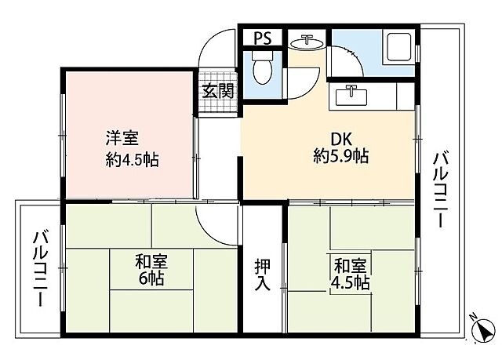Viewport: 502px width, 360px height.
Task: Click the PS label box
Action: click(262, 37)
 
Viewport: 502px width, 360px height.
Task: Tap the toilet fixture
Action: click(264, 68)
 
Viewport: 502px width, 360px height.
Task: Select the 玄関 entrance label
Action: click(217, 89)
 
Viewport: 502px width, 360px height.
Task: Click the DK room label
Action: click(341, 139)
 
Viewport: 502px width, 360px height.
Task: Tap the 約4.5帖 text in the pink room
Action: click(133, 162)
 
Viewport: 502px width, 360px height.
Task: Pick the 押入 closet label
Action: click(263, 275)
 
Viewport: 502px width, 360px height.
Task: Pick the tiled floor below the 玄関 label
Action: click(217, 107)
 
